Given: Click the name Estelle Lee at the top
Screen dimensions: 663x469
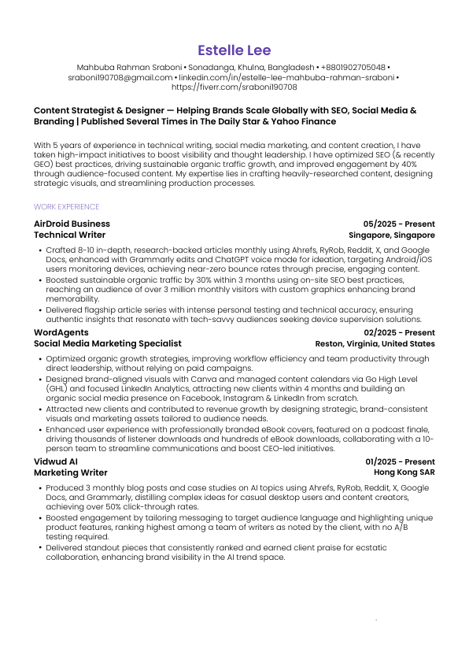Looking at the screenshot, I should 234,50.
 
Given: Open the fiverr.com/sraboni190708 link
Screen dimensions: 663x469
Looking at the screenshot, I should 234,87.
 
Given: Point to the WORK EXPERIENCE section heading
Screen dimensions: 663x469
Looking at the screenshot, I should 67,207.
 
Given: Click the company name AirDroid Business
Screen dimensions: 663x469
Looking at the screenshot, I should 72,224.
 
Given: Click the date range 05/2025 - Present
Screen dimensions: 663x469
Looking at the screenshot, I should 399,224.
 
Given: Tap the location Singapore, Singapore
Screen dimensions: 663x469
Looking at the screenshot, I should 392,235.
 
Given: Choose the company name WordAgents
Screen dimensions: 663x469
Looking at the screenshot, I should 60,333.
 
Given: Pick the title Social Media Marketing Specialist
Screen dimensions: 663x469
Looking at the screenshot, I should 107,344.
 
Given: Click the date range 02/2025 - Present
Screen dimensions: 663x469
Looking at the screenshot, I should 399,333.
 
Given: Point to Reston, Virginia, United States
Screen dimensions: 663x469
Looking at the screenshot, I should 375,344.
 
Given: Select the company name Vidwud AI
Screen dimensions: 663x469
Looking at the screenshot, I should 56,461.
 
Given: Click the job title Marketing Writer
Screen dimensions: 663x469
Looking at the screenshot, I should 71,472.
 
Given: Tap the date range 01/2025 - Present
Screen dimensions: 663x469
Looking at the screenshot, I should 400,461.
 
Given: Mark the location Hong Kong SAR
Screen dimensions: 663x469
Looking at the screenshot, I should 404,472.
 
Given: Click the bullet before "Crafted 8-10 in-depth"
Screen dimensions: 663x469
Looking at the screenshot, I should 39,250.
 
